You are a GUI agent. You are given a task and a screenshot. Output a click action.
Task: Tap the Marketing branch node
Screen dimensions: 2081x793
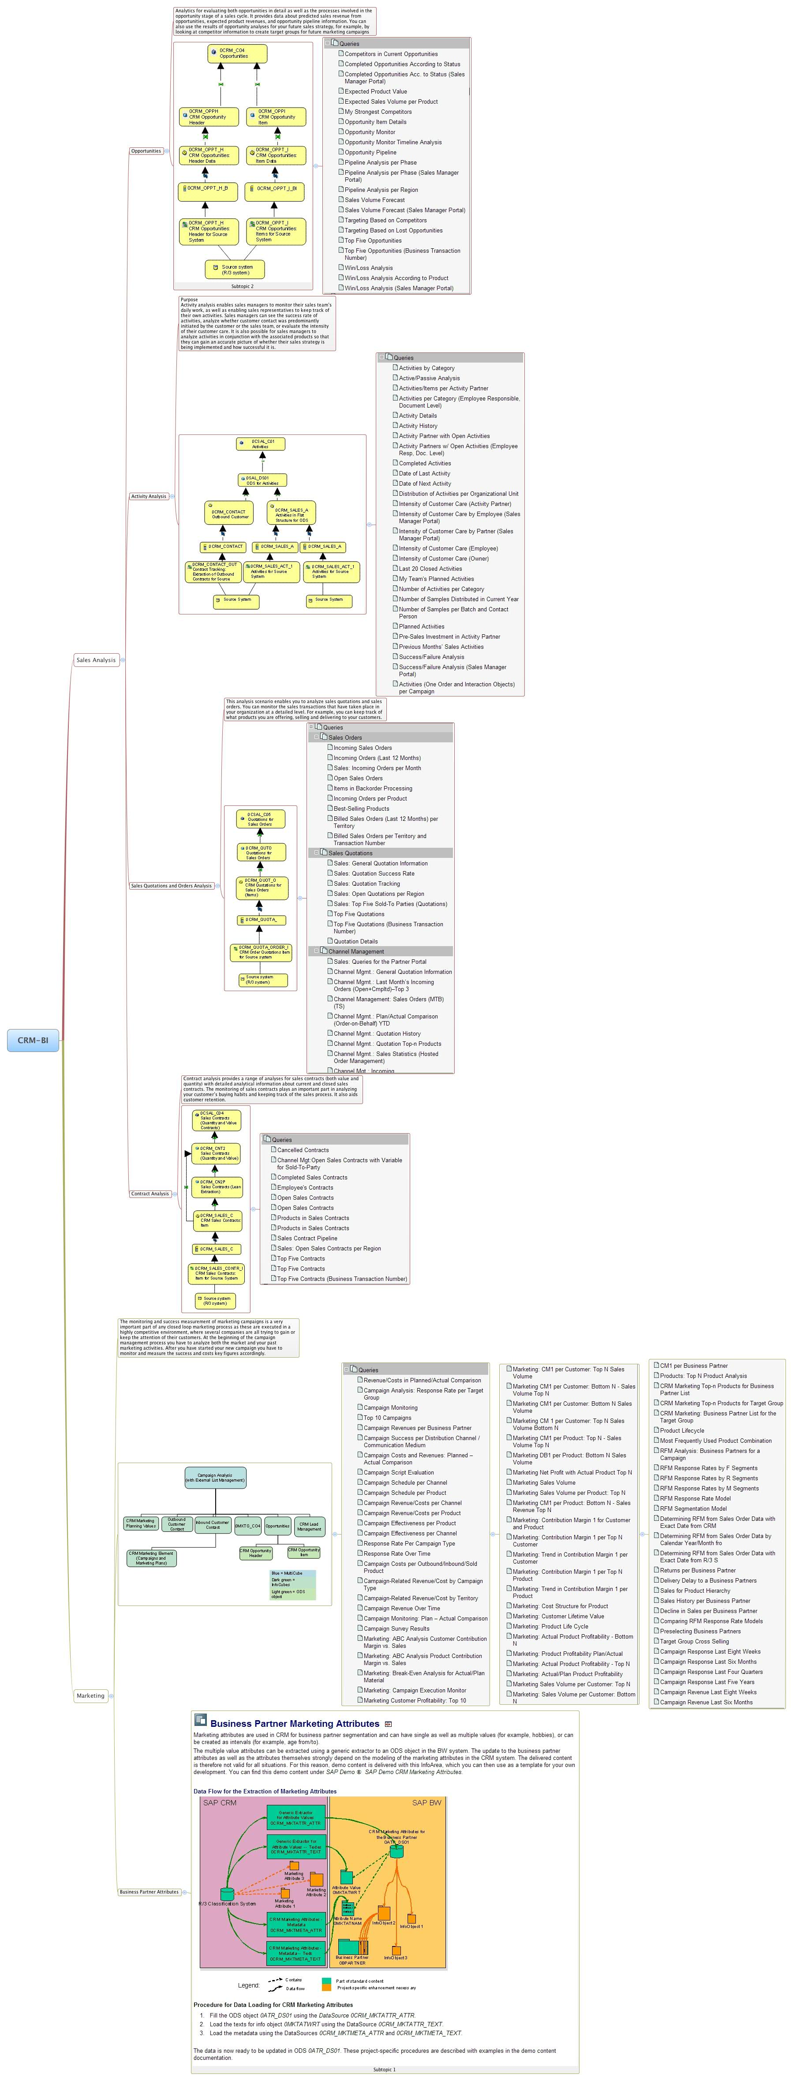click(90, 1695)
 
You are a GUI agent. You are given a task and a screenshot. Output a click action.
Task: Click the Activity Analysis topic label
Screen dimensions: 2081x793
click(149, 496)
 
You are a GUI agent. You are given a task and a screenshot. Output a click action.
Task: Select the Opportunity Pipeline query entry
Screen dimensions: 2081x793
click(370, 152)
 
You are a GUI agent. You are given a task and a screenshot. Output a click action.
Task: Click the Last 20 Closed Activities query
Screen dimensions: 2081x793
click(430, 569)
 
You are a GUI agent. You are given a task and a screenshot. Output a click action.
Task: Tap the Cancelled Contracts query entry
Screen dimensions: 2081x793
click(303, 1149)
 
